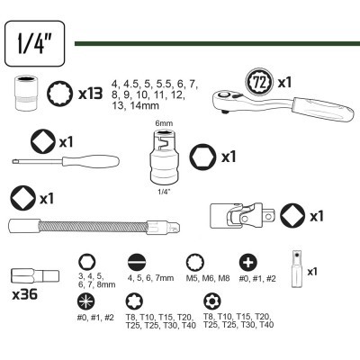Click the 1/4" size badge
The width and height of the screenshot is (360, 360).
pyautogui.click(x=35, y=43)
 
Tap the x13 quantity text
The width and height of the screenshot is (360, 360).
pyautogui.click(x=90, y=94)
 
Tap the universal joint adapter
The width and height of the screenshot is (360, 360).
pyautogui.click(x=243, y=215)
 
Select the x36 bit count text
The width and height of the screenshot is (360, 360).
pyautogui.click(x=25, y=294)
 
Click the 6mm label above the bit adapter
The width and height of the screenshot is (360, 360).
pyautogui.click(x=164, y=123)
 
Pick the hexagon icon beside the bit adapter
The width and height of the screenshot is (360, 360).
pyautogui.click(x=202, y=157)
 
